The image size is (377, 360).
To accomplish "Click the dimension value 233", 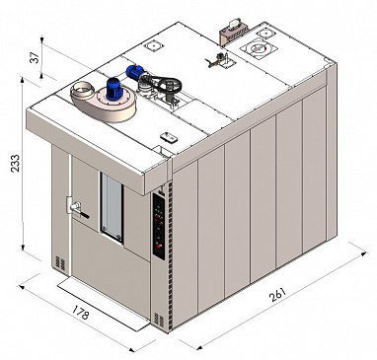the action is pos(15,163).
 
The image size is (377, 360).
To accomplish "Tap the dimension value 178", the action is pos(80,313).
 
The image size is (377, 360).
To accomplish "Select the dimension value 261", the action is pos(278,295).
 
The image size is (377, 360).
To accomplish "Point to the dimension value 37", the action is pos(36,58).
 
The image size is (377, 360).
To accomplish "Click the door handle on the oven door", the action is pos(77,209).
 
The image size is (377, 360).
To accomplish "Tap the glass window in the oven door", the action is pos(113,208).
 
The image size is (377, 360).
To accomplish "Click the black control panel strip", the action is pos(159,227).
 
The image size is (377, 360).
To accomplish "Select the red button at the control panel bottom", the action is pos(160,246).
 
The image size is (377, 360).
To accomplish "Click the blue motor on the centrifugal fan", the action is pos(113,89).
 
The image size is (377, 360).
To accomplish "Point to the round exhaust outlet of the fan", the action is pos(82,90).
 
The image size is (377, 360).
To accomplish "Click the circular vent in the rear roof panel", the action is pos(259,48).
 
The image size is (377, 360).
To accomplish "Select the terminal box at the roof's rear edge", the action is pos(234,31).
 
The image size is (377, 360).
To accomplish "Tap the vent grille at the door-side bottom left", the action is pos(60,263).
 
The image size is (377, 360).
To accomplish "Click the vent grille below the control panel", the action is pos(159,320).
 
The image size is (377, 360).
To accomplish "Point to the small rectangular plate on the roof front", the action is pos(169,137).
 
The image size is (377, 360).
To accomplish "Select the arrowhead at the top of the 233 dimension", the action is pos(23,81).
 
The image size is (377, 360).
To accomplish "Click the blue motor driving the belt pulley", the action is pos(135,72).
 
